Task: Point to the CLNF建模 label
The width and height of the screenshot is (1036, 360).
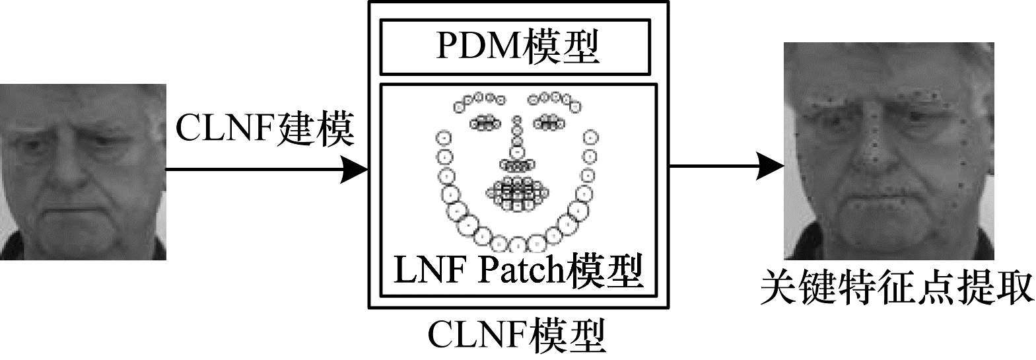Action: coord(265,129)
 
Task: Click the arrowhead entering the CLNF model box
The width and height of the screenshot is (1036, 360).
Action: coord(354,170)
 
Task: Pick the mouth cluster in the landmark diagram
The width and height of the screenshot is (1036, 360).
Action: coord(518,193)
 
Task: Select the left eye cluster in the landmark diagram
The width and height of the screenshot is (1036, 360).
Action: coord(486,122)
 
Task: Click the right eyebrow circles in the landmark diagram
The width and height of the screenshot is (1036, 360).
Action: coord(553,101)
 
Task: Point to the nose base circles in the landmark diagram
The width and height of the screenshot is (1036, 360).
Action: coord(517,164)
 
